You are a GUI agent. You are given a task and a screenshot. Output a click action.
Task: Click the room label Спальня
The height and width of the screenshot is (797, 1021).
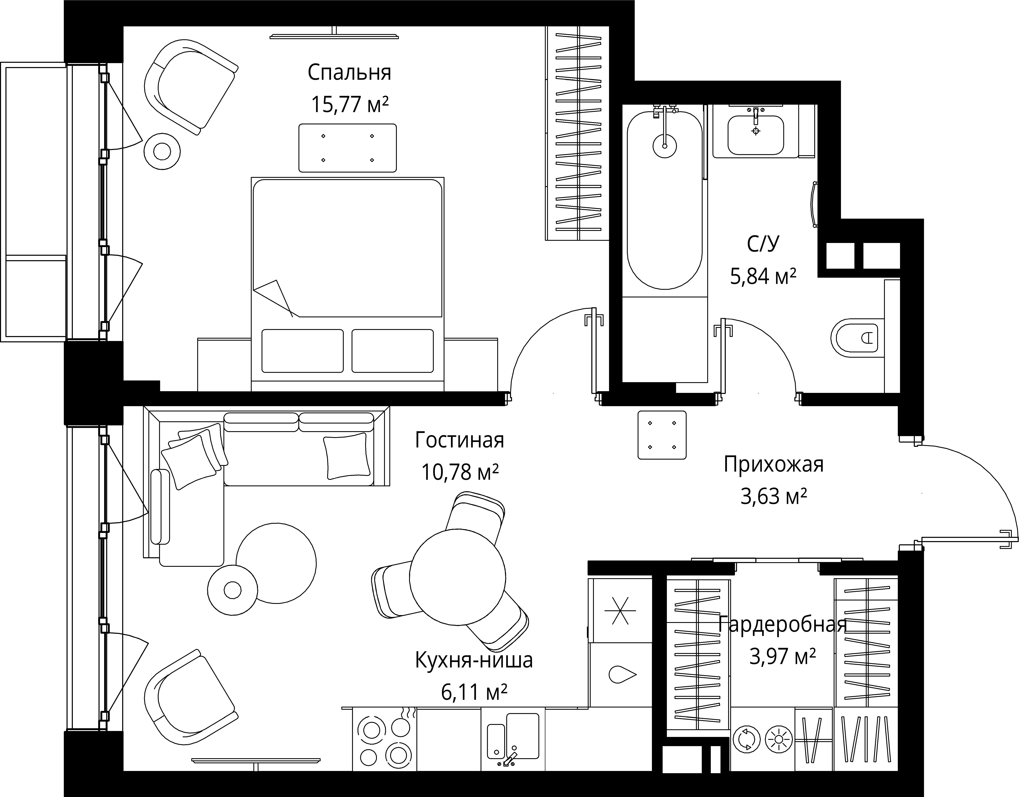tap(349, 73)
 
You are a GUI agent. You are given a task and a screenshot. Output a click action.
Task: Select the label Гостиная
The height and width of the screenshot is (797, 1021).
tap(460, 440)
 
